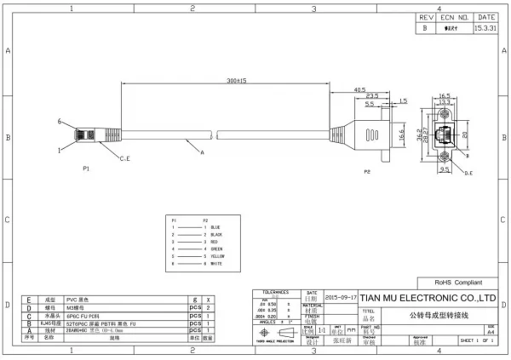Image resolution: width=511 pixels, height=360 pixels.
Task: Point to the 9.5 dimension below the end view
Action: click(x=444, y=169)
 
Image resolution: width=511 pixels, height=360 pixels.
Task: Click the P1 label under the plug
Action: click(x=87, y=169)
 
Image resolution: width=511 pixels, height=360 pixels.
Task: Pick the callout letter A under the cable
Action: click(x=201, y=153)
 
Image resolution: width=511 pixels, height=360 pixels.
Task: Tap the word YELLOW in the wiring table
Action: click(x=217, y=255)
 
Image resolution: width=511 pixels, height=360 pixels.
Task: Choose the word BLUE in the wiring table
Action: click(x=215, y=227)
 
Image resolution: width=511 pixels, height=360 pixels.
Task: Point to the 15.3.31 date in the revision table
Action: click(x=487, y=27)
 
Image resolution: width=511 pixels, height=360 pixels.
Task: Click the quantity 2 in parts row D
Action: click(x=209, y=307)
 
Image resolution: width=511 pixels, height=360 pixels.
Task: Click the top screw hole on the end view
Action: click(x=444, y=113)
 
